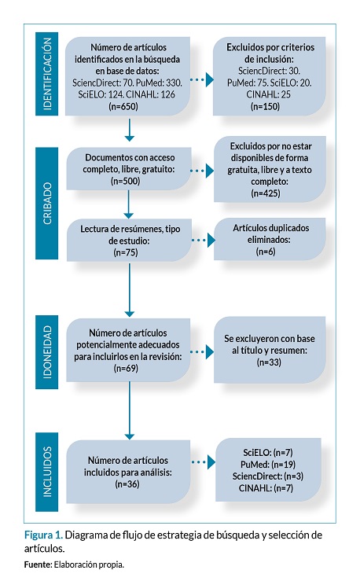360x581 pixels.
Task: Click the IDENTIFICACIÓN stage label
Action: (x=47, y=74)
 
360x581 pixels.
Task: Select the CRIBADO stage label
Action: (x=47, y=203)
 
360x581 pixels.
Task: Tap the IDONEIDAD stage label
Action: (x=47, y=352)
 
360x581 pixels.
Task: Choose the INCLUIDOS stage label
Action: (x=47, y=472)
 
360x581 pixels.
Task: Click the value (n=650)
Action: (x=123, y=106)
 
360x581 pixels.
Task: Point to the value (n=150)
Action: (x=265, y=106)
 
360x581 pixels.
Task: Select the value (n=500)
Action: (x=126, y=181)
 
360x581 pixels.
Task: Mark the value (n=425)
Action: (x=266, y=193)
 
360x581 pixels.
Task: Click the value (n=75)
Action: (x=126, y=252)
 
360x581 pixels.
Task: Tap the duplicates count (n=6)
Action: (x=266, y=252)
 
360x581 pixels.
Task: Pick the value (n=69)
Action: (x=126, y=368)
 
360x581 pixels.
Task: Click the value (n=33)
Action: (x=270, y=362)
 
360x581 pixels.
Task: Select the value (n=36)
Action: (x=127, y=484)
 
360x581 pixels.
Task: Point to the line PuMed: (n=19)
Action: (x=268, y=465)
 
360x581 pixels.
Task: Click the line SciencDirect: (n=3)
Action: (x=268, y=476)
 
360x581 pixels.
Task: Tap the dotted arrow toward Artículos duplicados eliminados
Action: (x=204, y=240)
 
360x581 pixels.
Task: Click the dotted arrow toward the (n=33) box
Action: (x=202, y=351)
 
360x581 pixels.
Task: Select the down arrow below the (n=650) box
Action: (x=129, y=130)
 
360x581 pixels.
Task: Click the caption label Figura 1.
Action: (x=43, y=535)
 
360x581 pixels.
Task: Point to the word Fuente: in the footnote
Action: (x=38, y=565)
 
